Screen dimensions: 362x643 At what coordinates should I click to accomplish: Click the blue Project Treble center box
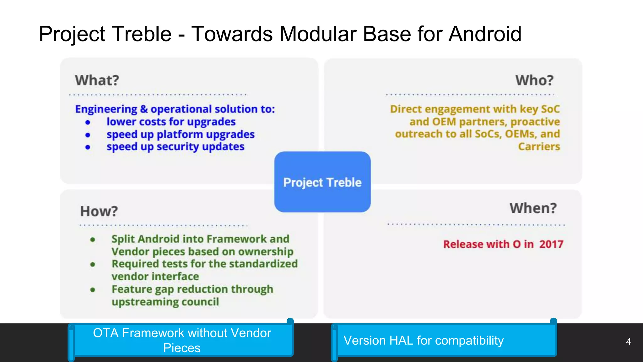pyautogui.click(x=322, y=182)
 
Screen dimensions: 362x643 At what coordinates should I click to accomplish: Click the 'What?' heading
pyautogui.click(x=97, y=80)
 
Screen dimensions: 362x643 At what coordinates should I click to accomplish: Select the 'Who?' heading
pyautogui.click(x=534, y=80)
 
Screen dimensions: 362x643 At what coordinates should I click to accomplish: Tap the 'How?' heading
pyautogui.click(x=99, y=211)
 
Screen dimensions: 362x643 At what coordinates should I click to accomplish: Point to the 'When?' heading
pyautogui.click(x=533, y=208)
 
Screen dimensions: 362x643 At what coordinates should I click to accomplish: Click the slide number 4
pyautogui.click(x=628, y=342)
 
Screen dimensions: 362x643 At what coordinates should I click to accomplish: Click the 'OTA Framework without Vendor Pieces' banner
pyautogui.click(x=182, y=341)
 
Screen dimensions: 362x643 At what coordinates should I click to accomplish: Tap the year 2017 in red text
pyautogui.click(x=551, y=244)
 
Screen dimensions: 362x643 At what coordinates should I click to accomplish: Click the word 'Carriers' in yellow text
pyautogui.click(x=539, y=147)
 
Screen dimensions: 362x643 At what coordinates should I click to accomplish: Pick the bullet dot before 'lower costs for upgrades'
pyautogui.click(x=88, y=122)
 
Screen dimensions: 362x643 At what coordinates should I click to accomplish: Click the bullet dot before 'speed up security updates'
pyautogui.click(x=88, y=147)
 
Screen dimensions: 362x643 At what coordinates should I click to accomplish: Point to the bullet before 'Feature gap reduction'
pyautogui.click(x=93, y=290)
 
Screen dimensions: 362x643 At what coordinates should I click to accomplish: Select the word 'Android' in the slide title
pyautogui.click(x=485, y=34)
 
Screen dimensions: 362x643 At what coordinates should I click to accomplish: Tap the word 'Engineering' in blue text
pyautogui.click(x=106, y=109)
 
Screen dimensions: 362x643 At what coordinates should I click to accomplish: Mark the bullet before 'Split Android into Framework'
pyautogui.click(x=93, y=240)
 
